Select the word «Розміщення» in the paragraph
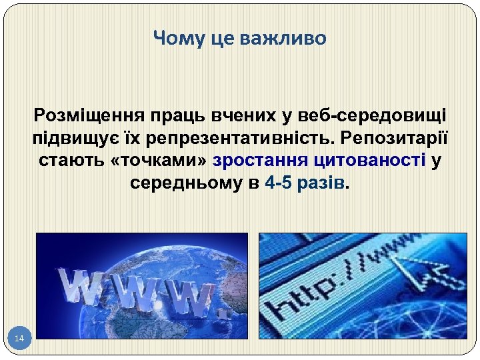pyautogui.click(x=84, y=115)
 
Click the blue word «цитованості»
pyautogui.click(x=363, y=161)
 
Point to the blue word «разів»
pyautogui.click(x=323, y=183)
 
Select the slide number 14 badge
pyautogui.click(x=19, y=339)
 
